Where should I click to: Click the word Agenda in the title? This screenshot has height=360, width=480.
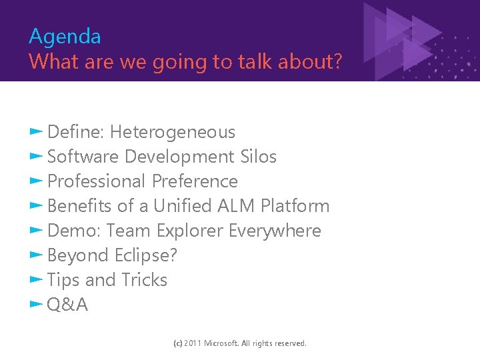(65, 36)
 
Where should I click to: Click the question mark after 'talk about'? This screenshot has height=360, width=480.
(337, 61)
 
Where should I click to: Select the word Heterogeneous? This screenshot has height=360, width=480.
(173, 132)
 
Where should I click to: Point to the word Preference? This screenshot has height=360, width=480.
(195, 181)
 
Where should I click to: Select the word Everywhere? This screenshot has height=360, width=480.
(275, 231)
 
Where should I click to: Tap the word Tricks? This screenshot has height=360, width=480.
(144, 280)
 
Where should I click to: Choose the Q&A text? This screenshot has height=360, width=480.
(67, 305)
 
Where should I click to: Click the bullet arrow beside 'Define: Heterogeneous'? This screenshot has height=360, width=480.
(36, 131)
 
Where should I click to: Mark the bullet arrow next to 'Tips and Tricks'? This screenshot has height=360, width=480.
(36, 279)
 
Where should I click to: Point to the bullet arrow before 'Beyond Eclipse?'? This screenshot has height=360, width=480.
(36, 255)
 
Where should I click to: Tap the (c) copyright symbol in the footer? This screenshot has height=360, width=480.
(177, 343)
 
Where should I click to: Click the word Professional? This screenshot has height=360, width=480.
(97, 181)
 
